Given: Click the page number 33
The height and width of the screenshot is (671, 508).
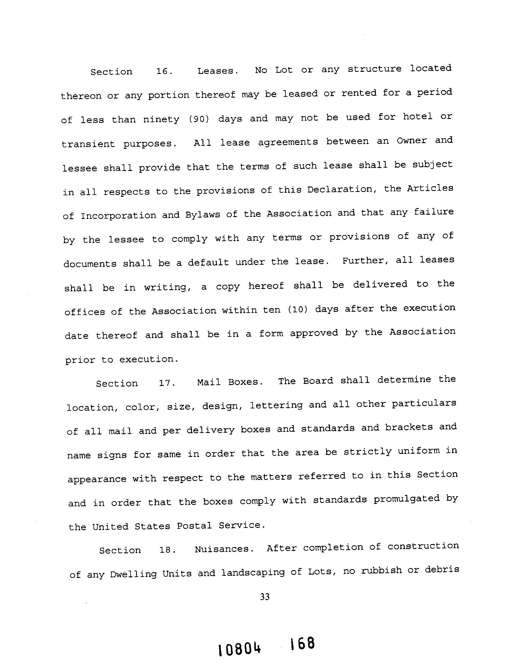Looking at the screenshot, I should click(x=264, y=597).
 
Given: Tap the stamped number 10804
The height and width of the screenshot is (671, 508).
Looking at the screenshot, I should click(x=239, y=649).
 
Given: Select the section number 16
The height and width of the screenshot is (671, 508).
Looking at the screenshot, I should click(x=164, y=72).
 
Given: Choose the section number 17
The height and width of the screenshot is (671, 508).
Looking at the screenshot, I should click(x=167, y=383).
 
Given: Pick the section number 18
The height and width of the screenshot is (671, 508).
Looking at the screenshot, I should click(x=167, y=549).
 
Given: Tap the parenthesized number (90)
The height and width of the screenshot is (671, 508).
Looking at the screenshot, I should click(x=199, y=119).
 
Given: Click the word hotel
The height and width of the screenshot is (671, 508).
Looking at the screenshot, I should click(x=418, y=116).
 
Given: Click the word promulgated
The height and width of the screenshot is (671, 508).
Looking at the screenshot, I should click(x=407, y=499).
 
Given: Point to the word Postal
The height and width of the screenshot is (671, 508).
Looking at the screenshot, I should click(x=194, y=525).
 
